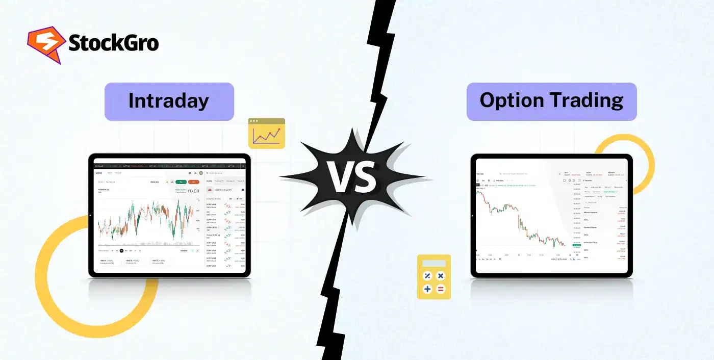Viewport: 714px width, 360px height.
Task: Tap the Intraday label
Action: click(169, 100)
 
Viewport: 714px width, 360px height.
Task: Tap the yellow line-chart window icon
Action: click(267, 134)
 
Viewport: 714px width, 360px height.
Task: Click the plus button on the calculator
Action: click(427, 289)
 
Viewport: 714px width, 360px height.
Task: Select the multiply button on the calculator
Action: click(441, 276)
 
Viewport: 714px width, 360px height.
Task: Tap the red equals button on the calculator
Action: click(441, 289)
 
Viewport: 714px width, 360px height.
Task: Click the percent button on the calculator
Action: click(427, 276)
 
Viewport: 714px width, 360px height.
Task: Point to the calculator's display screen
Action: click(434, 263)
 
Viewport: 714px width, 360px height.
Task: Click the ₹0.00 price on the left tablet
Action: click(193, 191)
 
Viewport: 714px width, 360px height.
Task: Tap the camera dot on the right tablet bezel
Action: click(473, 216)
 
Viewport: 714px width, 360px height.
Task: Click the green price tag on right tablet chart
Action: click(577, 245)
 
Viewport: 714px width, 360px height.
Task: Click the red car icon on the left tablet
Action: click(209, 190)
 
